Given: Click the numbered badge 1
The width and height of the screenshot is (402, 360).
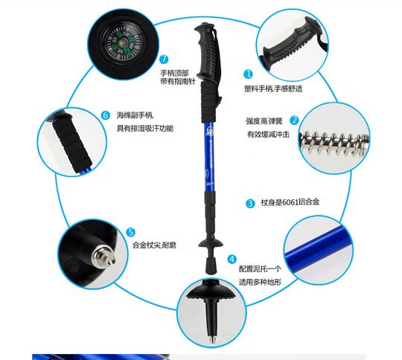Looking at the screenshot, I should [249, 74].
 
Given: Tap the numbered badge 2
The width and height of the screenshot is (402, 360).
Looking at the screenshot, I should [295, 120].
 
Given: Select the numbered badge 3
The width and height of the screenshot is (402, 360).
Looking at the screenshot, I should [250, 202].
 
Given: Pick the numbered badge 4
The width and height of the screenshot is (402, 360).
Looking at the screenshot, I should [232, 260].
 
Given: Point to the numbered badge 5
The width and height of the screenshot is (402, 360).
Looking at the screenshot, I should [130, 232].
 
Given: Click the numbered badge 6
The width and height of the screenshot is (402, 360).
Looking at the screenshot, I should [106, 115].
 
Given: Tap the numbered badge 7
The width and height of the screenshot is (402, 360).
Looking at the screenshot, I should [164, 60].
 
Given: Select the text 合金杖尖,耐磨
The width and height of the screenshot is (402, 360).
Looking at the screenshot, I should [155, 245].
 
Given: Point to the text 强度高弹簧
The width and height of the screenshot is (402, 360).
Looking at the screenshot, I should [265, 120].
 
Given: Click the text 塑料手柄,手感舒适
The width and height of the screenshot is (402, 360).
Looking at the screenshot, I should [274, 89].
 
